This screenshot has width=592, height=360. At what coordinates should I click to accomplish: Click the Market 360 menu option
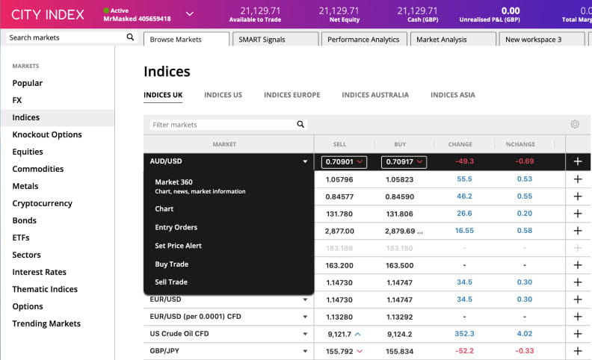(173, 182)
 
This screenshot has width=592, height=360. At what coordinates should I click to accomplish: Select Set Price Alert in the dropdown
(178, 246)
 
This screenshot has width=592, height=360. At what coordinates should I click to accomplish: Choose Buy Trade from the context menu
(171, 264)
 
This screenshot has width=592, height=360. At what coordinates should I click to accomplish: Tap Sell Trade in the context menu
(171, 282)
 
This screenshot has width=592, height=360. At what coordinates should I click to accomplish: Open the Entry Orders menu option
(176, 227)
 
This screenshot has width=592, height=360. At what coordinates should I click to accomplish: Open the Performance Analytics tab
(363, 40)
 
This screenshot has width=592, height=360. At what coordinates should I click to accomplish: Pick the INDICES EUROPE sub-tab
(292, 96)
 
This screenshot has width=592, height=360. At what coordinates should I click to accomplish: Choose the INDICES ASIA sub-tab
(452, 96)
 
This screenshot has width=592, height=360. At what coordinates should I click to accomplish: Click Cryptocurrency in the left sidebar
(42, 203)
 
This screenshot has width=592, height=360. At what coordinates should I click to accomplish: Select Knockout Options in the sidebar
(47, 134)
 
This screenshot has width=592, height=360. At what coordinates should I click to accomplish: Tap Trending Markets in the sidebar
(46, 323)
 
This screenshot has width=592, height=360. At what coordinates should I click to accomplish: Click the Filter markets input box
(223, 125)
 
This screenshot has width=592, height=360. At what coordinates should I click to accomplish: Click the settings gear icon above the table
(575, 125)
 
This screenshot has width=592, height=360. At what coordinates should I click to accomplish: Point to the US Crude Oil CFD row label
(180, 334)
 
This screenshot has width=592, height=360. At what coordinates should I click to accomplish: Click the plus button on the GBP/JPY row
(577, 351)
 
